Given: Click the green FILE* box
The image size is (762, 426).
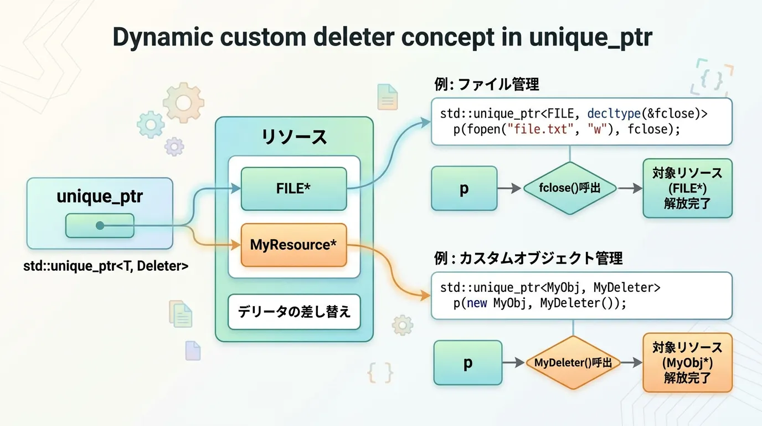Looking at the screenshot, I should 294,189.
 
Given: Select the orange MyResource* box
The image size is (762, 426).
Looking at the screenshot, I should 294,245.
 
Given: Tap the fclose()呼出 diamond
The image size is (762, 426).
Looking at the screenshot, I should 570,189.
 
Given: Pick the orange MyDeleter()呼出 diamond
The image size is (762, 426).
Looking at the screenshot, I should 573,363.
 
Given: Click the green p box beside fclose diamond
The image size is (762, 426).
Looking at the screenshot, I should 464,189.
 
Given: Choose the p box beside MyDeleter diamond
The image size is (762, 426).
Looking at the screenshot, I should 467,363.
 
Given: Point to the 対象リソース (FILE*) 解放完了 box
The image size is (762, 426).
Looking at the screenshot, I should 687,189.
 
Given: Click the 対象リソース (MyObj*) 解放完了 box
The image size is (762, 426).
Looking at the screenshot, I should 687,363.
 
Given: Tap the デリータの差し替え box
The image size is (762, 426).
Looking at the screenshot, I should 294,312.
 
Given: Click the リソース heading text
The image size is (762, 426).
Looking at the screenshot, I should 294,136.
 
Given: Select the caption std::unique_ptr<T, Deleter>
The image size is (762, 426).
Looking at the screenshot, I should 106,266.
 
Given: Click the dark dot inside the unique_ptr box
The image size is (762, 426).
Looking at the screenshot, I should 100,226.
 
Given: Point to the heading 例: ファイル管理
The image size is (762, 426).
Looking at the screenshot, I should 487,85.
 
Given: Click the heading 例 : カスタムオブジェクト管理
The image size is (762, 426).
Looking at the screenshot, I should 528,258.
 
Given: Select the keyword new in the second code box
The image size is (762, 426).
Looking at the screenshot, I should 477,303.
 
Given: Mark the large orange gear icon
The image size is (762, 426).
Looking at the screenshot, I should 183,102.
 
